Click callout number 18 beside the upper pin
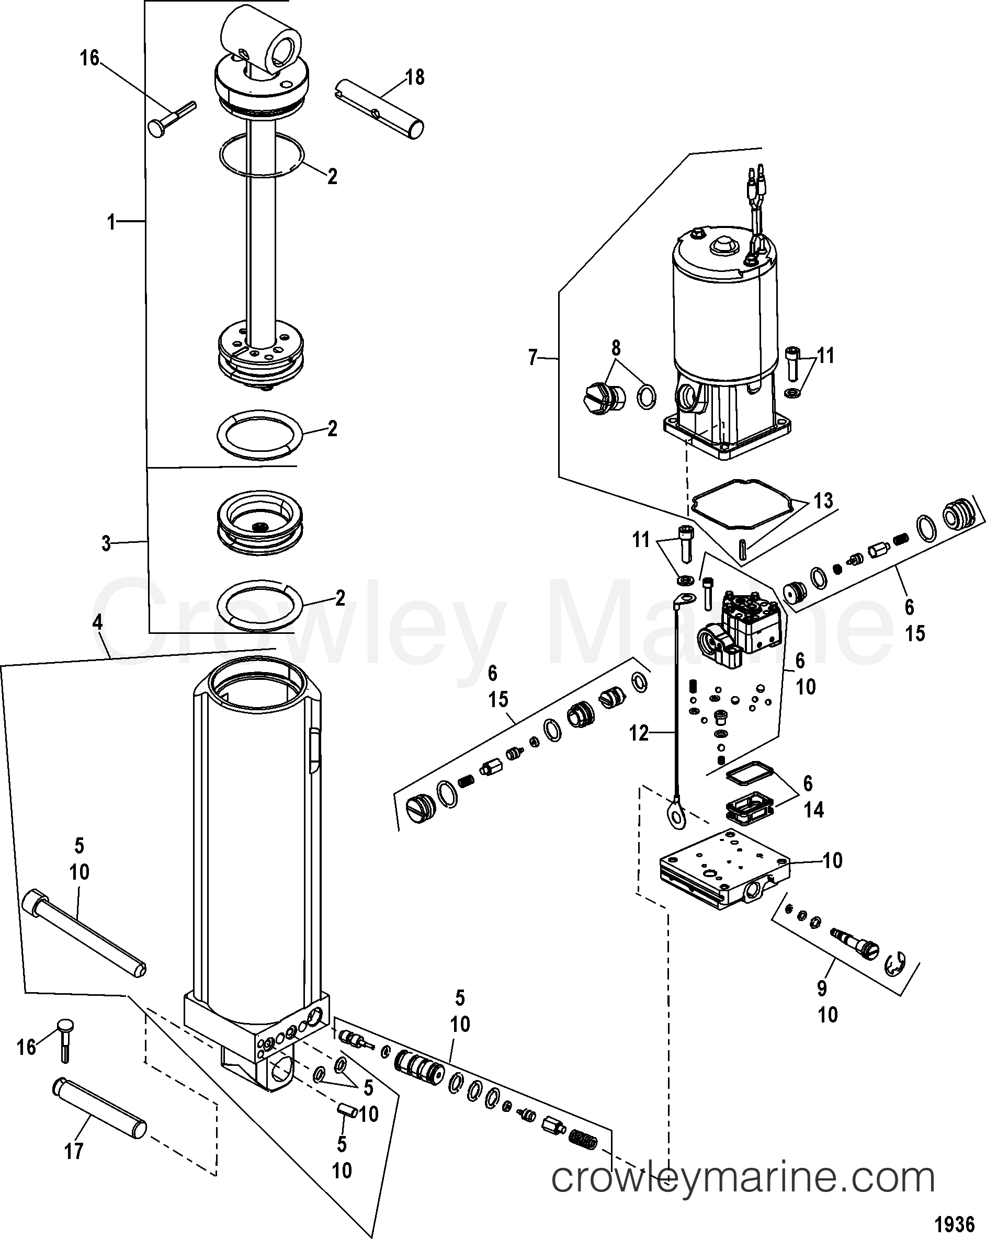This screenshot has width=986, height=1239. coord(414,77)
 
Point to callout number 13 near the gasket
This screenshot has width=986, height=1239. coord(823,501)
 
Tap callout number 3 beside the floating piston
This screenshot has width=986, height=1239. coord(106,543)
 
